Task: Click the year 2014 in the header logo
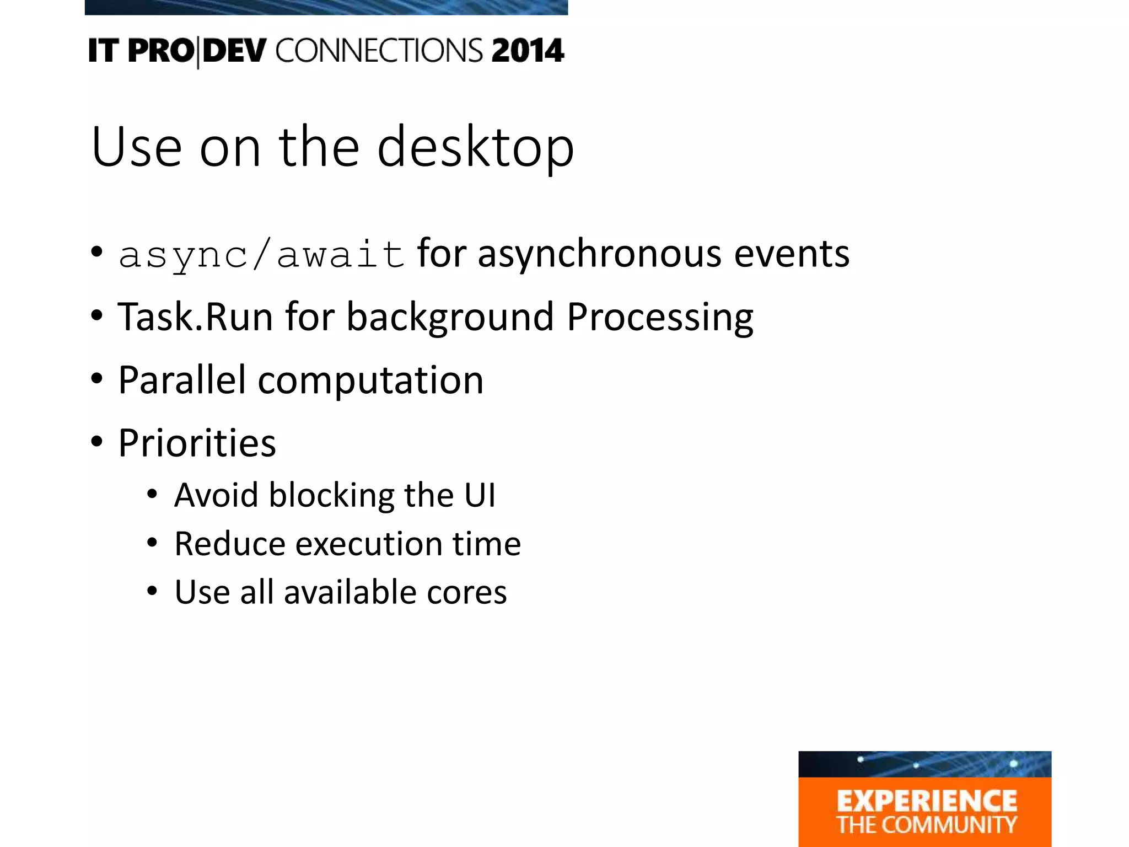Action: tap(528, 51)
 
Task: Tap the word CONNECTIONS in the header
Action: tap(379, 51)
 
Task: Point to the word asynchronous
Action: tap(599, 255)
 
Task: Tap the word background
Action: tap(450, 318)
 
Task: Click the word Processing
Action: tap(660, 318)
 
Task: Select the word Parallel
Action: tap(182, 380)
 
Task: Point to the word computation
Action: tap(370, 381)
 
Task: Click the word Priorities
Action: tap(197, 443)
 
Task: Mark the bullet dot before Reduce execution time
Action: tap(152, 543)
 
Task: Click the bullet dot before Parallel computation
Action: tap(97, 379)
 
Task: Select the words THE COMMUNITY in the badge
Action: tap(926, 825)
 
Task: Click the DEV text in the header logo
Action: tap(234, 51)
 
